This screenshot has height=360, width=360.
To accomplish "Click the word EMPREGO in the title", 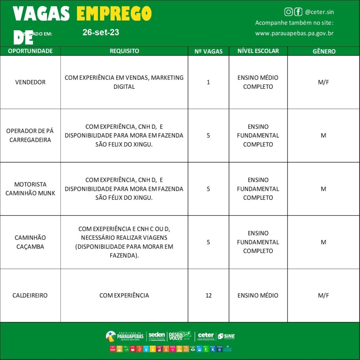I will pyautogui.click(x=114, y=14).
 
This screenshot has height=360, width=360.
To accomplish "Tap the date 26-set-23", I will pyautogui.click(x=101, y=32).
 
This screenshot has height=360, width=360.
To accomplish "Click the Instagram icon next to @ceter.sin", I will pyautogui.click(x=289, y=12).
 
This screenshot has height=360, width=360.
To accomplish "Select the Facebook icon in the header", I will pyautogui.click(x=298, y=12).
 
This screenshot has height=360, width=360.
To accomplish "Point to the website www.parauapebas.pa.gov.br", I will pyautogui.click(x=294, y=33).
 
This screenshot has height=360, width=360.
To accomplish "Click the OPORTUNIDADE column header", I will pyautogui.click(x=30, y=51).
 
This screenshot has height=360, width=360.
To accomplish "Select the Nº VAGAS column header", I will pyautogui.click(x=208, y=51).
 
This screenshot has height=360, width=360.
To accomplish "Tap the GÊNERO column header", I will pyautogui.click(x=324, y=51).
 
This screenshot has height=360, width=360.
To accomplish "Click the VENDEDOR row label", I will pyautogui.click(x=30, y=82).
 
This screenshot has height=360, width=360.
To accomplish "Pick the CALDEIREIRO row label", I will pyautogui.click(x=30, y=295).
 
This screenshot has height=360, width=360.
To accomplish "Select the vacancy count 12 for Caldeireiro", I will pyautogui.click(x=208, y=295).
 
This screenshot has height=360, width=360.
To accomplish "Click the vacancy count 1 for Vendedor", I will pyautogui.click(x=208, y=82).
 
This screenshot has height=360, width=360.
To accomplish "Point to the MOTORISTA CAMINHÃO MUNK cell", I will pyautogui.click(x=30, y=189).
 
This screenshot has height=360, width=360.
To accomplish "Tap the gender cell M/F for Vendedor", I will pyautogui.click(x=323, y=82).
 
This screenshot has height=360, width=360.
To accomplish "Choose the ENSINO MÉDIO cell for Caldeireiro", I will pyautogui.click(x=258, y=295).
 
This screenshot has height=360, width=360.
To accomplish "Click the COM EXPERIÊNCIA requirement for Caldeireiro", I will pyautogui.click(x=124, y=295).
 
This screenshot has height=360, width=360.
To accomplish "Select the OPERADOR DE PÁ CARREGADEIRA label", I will pyautogui.click(x=30, y=135).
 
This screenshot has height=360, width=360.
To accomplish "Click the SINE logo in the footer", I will pyautogui.click(x=226, y=336).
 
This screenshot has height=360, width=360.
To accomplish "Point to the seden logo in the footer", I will pyautogui.click(x=156, y=336).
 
